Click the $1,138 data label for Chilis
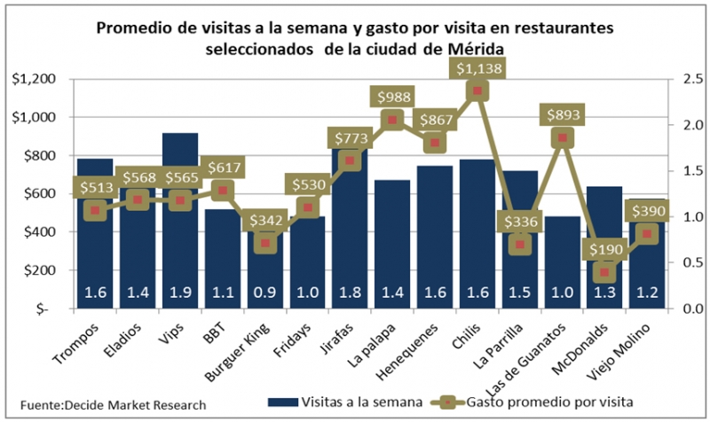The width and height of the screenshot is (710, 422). [477, 67]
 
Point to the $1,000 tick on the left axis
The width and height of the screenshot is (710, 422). [35, 117]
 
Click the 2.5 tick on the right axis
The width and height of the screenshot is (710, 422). [684, 79]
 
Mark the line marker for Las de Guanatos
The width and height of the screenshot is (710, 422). [561, 137]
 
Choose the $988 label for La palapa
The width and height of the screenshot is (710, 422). [392, 97]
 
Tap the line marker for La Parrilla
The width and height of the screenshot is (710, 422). [521, 245]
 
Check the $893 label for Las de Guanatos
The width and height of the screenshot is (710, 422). [561, 113]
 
